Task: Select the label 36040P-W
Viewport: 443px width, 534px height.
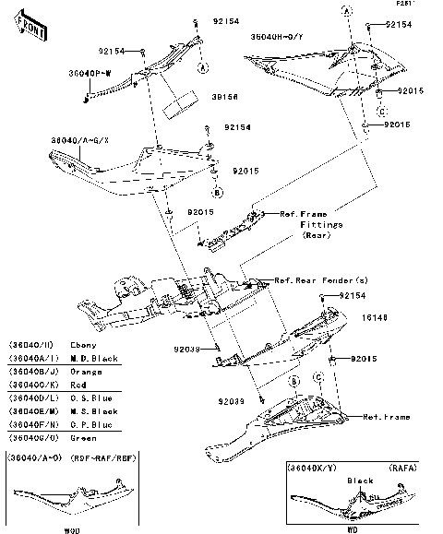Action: point(90,71)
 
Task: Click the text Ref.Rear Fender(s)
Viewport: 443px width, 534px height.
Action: point(321,279)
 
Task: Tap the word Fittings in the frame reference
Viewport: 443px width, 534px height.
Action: point(321,224)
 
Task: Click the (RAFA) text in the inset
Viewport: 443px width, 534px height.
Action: point(402,469)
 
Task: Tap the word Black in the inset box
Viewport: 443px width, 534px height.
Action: point(360,481)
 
